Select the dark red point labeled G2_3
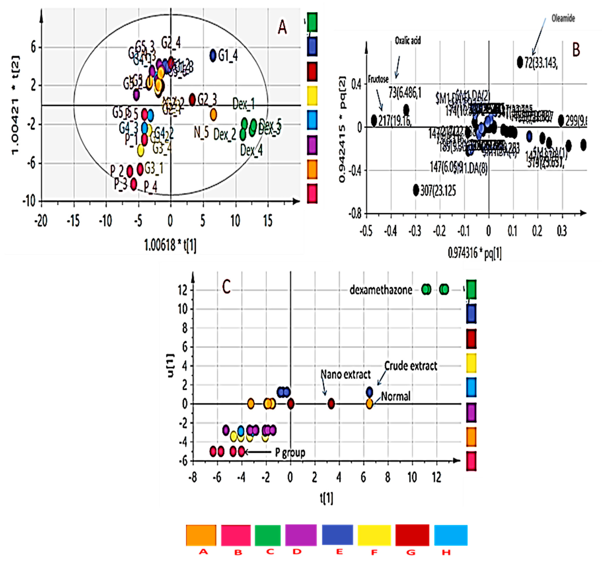coord(192,99)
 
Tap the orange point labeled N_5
coord(214,114)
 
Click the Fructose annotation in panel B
coord(378,79)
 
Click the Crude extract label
coord(411,366)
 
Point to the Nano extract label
coord(345,375)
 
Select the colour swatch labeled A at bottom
coord(201,535)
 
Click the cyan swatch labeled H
coord(451,535)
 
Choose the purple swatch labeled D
coord(301,535)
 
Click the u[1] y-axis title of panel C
coord(170,365)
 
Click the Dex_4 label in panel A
coord(251,150)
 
